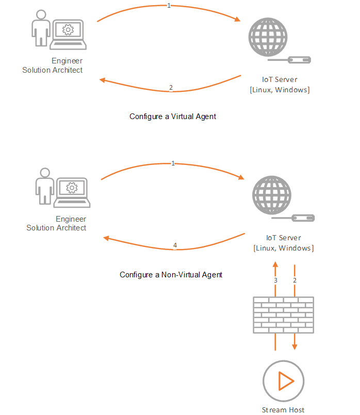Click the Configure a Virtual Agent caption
[172, 117]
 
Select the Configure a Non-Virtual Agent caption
[171, 275]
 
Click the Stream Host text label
[283, 410]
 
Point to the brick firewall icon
[283, 314]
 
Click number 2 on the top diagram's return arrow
[171, 87]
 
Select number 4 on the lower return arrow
[175, 245]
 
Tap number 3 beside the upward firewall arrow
[275, 280]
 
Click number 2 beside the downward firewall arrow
[294, 280]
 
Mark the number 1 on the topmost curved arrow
[169, 6]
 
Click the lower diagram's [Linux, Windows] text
[283, 248]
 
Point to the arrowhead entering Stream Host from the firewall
[294, 347]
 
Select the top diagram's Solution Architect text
[52, 70]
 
